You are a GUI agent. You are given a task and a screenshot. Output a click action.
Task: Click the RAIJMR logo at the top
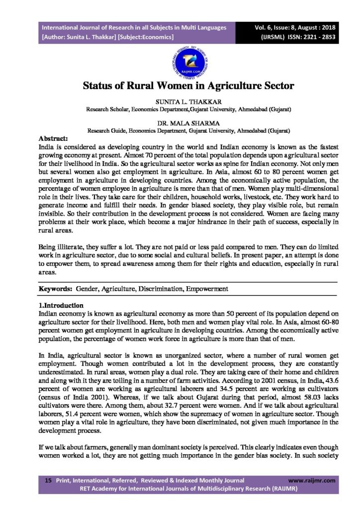pos(180,61)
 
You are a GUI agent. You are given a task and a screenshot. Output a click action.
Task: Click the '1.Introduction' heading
pos(61,305)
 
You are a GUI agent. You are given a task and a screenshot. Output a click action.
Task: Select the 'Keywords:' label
pos(55,288)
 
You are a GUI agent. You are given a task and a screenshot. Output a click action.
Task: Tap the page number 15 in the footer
pos(48,481)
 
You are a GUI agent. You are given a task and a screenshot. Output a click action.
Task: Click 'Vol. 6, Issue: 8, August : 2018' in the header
pos(293,27)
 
